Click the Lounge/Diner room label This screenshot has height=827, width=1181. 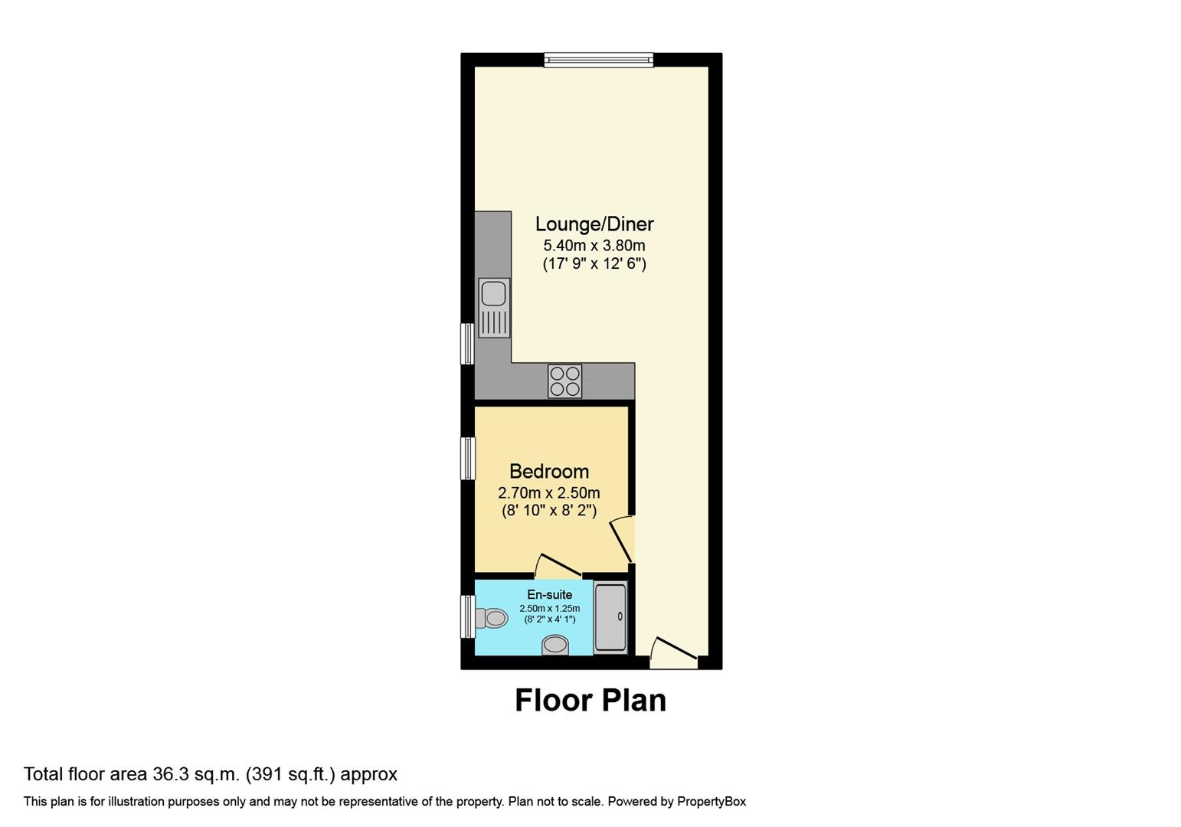click(x=594, y=224)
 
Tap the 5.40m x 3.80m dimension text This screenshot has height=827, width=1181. click(x=594, y=246)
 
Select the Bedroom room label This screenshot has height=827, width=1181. click(x=549, y=472)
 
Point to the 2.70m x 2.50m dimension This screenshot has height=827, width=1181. click(x=549, y=492)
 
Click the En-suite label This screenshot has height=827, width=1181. click(x=549, y=594)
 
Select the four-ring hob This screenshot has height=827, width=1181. click(x=564, y=381)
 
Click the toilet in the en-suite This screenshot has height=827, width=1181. click(x=492, y=618)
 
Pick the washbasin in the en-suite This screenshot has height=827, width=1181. click(x=555, y=646)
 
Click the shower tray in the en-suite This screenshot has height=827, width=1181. click(x=610, y=617)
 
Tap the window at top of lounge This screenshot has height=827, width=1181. click(x=599, y=60)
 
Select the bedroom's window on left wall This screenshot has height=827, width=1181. click(x=467, y=458)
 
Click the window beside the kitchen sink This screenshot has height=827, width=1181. click(x=467, y=344)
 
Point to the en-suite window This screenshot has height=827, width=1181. click(x=467, y=616)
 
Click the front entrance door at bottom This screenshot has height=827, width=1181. click(x=674, y=652)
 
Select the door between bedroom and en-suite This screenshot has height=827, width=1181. click(x=558, y=567)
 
